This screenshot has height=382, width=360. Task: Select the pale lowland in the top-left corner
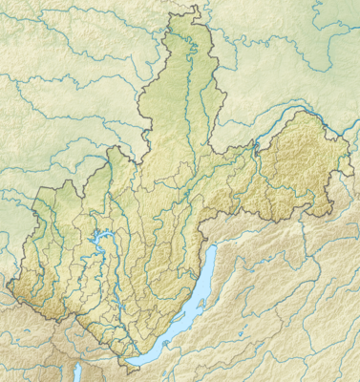(38, 38)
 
